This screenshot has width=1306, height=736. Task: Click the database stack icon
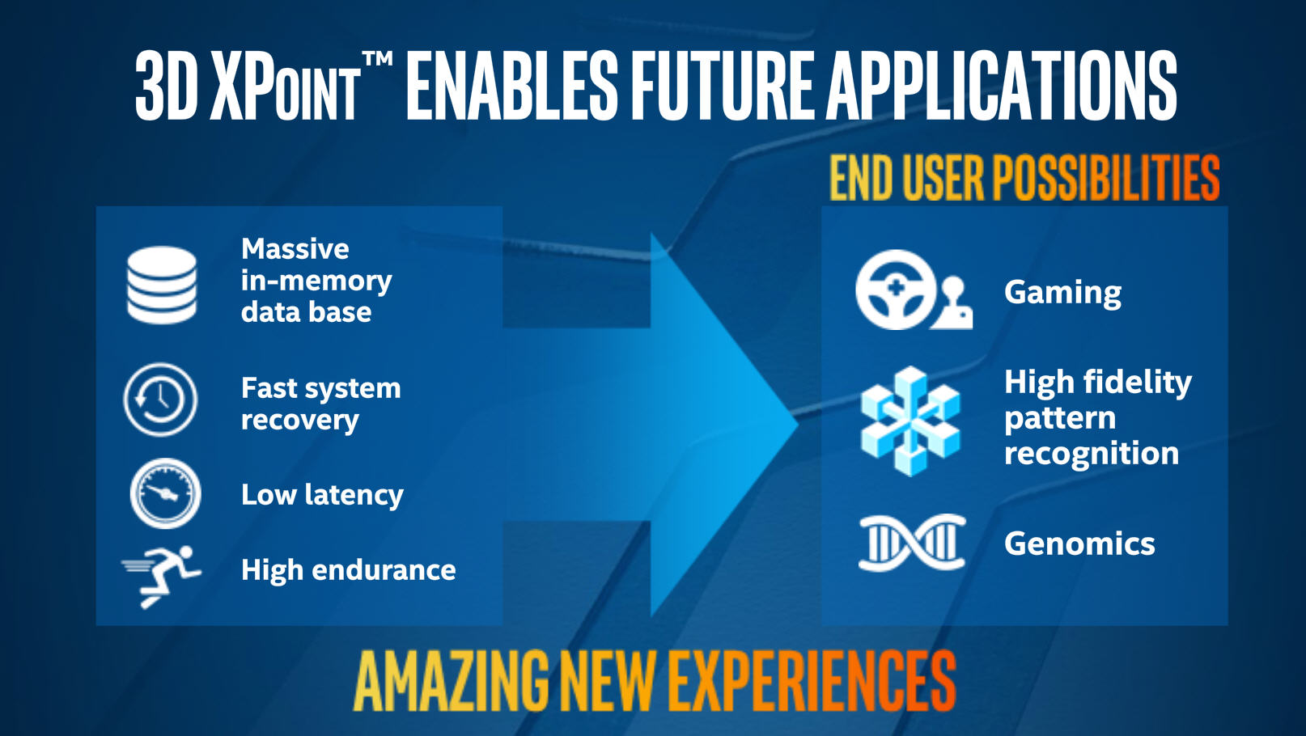coord(162,285)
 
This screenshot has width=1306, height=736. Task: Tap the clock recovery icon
coord(160,400)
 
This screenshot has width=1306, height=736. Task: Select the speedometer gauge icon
coord(166,493)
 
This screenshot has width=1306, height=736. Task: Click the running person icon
coord(162,577)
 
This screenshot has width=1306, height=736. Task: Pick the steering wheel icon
coord(896,290)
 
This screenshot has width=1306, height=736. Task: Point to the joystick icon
coord(952,303)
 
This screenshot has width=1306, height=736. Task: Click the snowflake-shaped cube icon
coord(910,421)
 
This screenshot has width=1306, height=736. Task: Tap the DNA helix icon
coord(913,543)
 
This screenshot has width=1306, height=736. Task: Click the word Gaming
coord(1062,293)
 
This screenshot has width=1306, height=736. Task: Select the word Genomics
coord(1079,544)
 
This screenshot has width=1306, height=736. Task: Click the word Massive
coord(295,249)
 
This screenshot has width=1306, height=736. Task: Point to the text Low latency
coord(322,495)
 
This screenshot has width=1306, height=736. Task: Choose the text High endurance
coord(348,570)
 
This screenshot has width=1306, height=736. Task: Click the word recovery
coord(299,420)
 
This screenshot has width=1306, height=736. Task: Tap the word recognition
coord(1092,454)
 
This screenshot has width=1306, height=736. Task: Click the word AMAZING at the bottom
coord(452,681)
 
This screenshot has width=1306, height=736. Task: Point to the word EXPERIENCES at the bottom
coord(812,681)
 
